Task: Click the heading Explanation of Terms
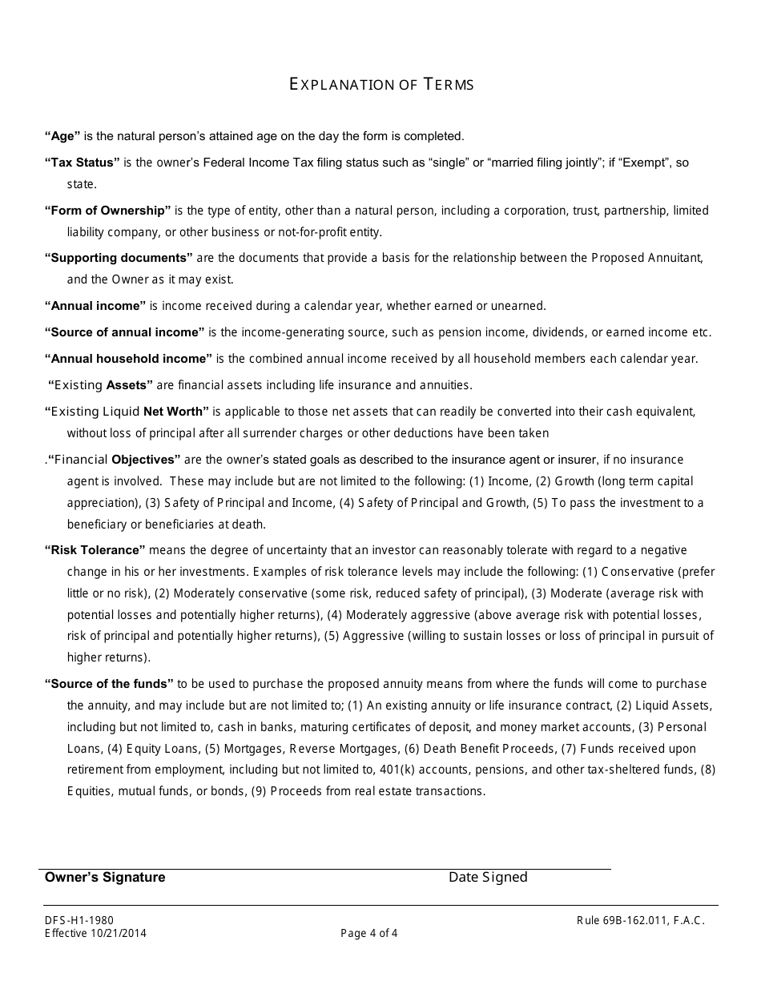(x=381, y=84)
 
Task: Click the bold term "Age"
(x=62, y=136)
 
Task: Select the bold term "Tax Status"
(x=82, y=163)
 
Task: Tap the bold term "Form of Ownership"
(x=107, y=211)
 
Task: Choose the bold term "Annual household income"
(x=128, y=359)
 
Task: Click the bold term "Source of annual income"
(x=124, y=332)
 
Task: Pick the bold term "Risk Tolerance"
(x=95, y=550)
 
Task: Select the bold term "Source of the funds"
(x=109, y=684)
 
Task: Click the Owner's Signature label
(x=105, y=877)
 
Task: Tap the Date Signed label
(x=488, y=877)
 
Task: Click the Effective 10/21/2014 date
(x=95, y=933)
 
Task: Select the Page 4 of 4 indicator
(x=368, y=933)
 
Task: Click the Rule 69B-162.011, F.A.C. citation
(x=641, y=921)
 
